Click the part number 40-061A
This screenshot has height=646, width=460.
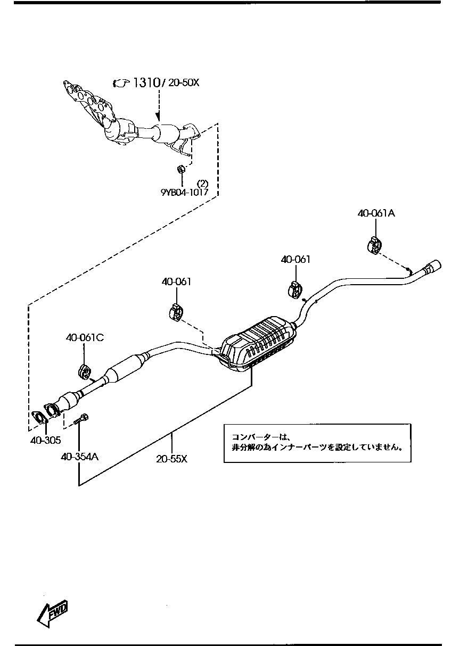(376, 213)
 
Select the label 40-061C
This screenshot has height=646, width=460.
(85, 337)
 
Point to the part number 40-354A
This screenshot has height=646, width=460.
(79, 456)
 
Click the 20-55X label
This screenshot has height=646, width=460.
(172, 458)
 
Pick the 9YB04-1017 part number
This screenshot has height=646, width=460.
(184, 193)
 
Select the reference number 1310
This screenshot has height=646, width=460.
(146, 82)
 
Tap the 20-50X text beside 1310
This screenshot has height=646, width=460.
(184, 82)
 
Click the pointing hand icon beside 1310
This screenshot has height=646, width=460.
(121, 82)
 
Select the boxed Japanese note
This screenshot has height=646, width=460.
(317, 443)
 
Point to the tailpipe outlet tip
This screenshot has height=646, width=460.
(432, 266)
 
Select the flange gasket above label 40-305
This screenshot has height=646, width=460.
(39, 418)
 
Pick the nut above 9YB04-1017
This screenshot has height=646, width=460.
(180, 169)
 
